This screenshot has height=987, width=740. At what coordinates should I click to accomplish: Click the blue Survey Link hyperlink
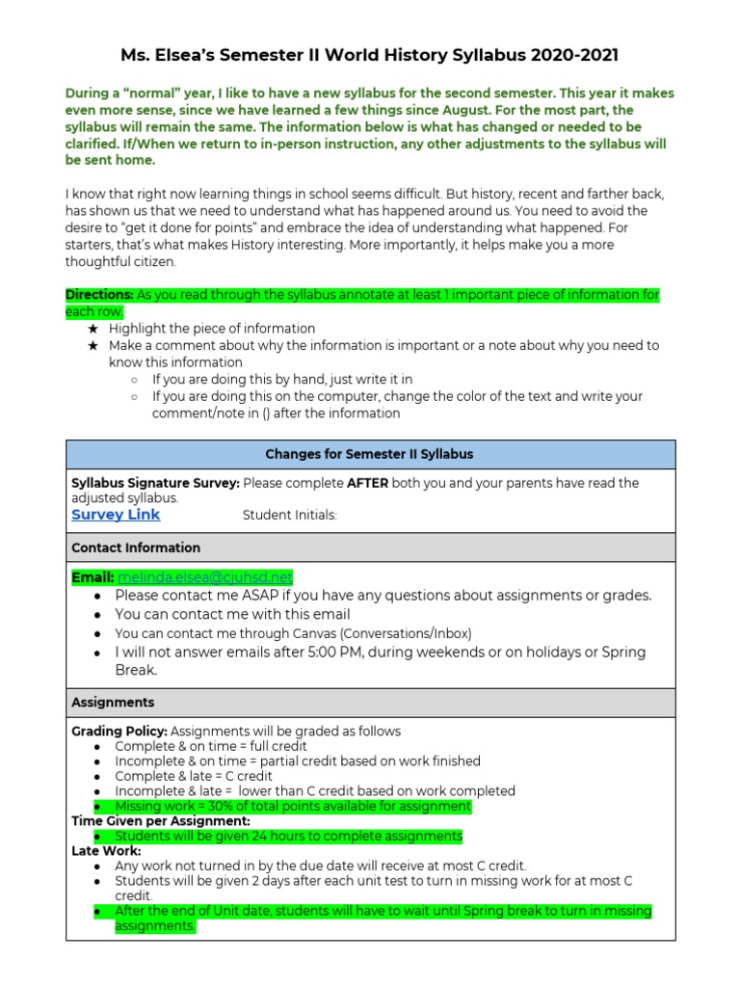pyautogui.click(x=116, y=515)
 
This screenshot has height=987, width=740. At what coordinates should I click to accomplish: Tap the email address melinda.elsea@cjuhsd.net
pyautogui.click(x=204, y=576)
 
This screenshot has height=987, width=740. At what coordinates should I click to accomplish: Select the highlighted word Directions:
pyautogui.click(x=99, y=294)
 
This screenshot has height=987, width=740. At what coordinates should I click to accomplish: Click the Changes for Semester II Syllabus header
pyautogui.click(x=369, y=454)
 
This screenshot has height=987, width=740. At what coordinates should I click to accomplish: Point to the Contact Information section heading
pyautogui.click(x=136, y=547)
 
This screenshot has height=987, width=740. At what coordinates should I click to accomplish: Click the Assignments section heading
pyautogui.click(x=113, y=703)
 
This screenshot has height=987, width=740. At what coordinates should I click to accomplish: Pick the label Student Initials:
pyautogui.click(x=289, y=516)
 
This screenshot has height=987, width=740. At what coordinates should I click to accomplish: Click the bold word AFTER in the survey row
pyautogui.click(x=367, y=483)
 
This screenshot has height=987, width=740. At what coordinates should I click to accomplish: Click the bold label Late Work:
pyautogui.click(x=106, y=851)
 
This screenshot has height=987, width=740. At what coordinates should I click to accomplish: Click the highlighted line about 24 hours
pyautogui.click(x=288, y=836)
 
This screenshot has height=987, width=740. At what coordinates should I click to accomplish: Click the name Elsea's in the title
pyautogui.click(x=199, y=57)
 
